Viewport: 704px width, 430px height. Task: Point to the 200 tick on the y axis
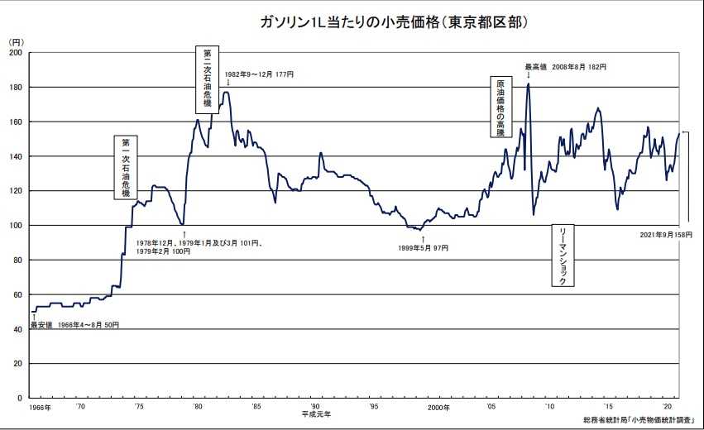pos(16,52)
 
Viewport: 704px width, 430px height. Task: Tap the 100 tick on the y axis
pos(16,225)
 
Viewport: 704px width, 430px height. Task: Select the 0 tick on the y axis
pos(20,398)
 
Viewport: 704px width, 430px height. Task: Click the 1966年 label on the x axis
pos(39,408)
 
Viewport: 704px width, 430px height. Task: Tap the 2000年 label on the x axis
pos(438,408)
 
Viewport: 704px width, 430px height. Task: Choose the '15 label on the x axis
pos(610,408)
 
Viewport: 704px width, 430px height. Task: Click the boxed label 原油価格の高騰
pos(500,107)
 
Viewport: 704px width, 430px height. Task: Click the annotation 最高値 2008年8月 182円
pos(566,66)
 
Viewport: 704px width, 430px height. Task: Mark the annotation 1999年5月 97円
pos(423,248)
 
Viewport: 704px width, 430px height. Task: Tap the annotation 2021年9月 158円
pos(664,235)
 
